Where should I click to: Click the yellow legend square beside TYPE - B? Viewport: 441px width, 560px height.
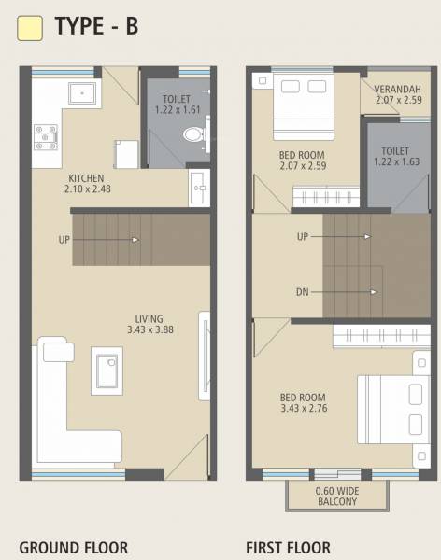click(30, 28)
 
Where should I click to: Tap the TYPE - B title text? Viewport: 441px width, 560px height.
click(96, 27)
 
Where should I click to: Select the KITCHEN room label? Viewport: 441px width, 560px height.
click(86, 178)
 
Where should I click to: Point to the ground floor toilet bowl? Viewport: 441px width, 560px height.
click(193, 135)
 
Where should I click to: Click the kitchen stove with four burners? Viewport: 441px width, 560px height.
click(45, 137)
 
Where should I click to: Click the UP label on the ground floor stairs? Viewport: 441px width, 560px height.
click(64, 240)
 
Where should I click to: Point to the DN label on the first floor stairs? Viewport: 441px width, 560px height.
click(302, 292)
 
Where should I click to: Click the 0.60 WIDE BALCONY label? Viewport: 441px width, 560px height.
click(337, 496)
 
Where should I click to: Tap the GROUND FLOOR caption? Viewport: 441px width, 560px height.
click(74, 548)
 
